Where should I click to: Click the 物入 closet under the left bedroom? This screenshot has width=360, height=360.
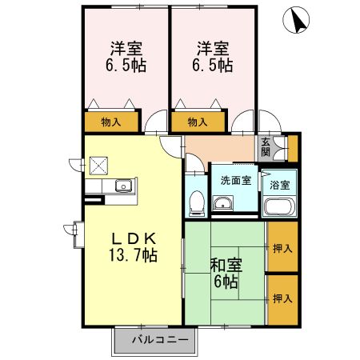110,122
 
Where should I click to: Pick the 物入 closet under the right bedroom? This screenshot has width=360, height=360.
198,122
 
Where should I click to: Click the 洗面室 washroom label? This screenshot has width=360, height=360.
236,180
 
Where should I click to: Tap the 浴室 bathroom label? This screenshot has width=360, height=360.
280,184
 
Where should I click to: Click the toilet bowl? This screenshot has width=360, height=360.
194,204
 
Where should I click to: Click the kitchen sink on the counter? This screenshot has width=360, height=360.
122,186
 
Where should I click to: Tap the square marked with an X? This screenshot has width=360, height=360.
98,165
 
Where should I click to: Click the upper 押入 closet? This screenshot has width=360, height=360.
282,248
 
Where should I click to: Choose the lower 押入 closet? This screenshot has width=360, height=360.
282,298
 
